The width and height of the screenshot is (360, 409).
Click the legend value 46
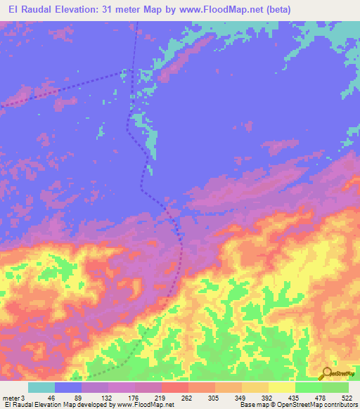[41, 398]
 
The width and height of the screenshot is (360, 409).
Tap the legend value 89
[68, 398]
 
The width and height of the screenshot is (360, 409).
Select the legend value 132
[95, 398]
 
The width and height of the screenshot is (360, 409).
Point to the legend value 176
[122, 398]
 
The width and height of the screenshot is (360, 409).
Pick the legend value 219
[148, 398]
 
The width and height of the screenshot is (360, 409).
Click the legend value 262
[175, 398]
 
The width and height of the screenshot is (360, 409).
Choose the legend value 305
[202, 398]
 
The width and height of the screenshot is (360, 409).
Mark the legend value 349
[229, 398]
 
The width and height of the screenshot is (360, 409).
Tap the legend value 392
[255, 398]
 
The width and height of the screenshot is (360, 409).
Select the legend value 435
[282, 398]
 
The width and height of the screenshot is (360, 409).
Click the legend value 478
[309, 398]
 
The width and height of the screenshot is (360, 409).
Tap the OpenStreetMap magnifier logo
[328, 373]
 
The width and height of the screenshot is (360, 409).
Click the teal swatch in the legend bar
[41, 387]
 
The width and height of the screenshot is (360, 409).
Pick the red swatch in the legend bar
[174, 387]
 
